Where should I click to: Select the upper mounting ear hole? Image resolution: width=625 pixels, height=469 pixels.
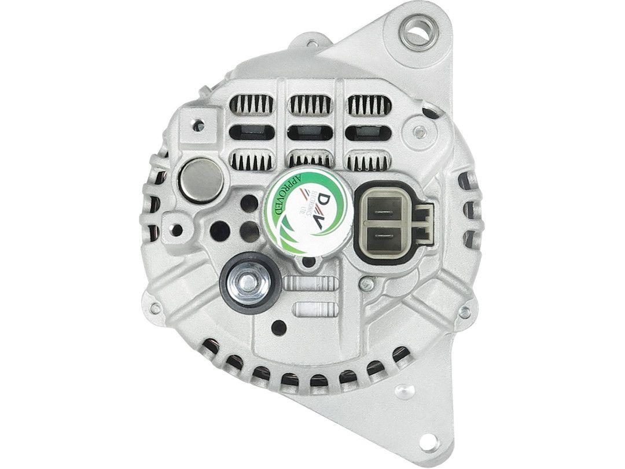coord(420,33)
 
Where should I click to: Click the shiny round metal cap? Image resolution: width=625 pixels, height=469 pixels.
coord(203,181)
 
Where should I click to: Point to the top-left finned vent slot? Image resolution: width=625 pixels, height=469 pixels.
coord(252,105)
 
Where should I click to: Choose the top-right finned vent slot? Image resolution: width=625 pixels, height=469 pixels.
coord(369,105)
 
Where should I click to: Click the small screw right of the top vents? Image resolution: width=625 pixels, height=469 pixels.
coord(421,131)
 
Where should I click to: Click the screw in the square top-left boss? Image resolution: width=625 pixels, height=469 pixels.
coord(198,125)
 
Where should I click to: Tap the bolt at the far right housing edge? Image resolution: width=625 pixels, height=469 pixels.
coord(464,313)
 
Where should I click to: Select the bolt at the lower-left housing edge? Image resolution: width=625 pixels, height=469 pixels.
coord(155,308)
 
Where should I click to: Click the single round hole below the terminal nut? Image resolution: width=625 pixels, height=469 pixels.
coord(279,328)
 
